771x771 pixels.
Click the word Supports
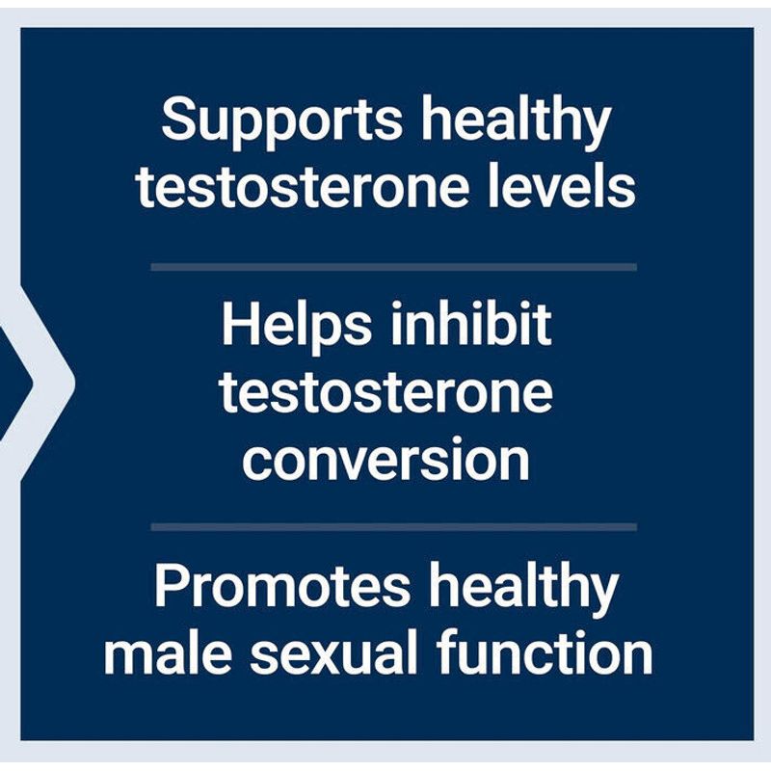pos(281,121)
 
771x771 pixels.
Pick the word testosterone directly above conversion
pos(386,392)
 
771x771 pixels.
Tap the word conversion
pos(386,460)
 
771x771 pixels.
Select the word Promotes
pos(282,586)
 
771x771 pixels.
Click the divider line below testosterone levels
pos(393,267)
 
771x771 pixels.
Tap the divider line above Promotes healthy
pos(393,527)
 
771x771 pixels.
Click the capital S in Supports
pos(179,119)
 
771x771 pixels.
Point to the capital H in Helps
pos(240,324)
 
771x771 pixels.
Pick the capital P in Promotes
pos(173,585)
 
